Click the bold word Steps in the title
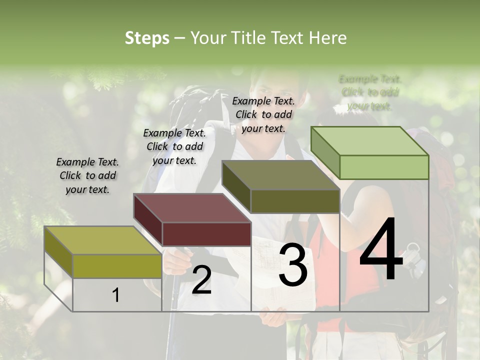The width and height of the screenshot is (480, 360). tap(147, 38)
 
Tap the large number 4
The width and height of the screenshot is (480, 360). tap(381, 250)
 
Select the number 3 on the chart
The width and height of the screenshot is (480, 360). tap(293, 265)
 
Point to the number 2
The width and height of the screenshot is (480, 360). tap(201, 280)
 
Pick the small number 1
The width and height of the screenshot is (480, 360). tap(116, 295)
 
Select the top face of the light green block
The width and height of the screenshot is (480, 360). tap(370, 141)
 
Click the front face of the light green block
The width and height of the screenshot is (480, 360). tap(384, 167)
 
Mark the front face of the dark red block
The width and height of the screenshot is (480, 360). tap(206, 234)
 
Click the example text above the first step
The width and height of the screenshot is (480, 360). tap(87, 176)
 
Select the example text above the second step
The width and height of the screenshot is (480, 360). tap(174, 146)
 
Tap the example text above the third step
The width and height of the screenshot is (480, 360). tap(263, 114)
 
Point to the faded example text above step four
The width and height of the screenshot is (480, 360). tap(370, 92)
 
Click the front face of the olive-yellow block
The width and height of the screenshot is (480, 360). tap(117, 265)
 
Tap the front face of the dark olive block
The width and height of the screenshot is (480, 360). tap(295, 201)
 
